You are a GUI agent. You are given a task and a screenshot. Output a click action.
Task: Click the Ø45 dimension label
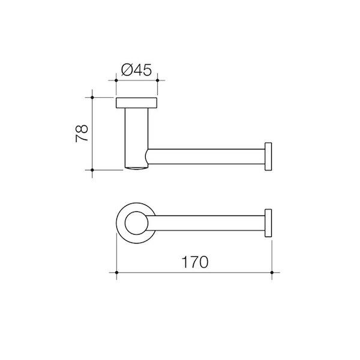click(x=137, y=70)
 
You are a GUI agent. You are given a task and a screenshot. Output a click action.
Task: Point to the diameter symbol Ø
click(x=126, y=70)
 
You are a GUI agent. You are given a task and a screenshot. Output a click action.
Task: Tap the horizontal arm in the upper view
click(x=207, y=157)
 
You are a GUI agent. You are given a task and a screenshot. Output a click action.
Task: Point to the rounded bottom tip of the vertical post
click(x=137, y=169)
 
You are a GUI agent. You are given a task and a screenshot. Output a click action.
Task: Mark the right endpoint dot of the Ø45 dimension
click(x=157, y=79)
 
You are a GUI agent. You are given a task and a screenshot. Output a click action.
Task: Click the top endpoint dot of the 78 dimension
click(x=92, y=96)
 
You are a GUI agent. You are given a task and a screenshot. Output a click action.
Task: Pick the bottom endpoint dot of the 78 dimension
click(x=92, y=170)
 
